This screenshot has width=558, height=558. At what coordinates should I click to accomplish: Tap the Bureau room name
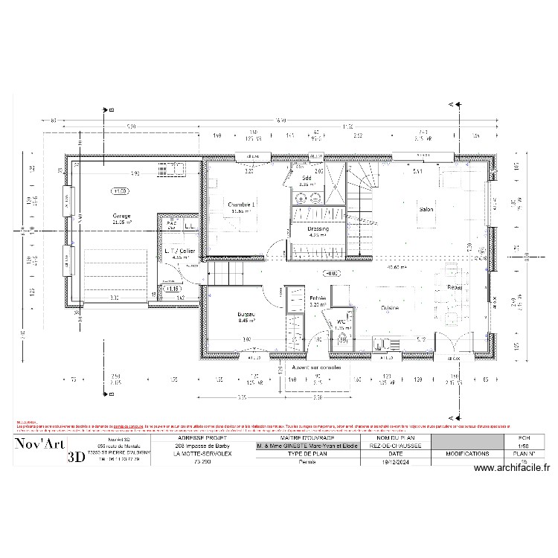click(246, 315)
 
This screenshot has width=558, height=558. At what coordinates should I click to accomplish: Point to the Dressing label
click(308, 228)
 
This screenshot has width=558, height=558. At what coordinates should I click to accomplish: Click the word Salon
click(426, 210)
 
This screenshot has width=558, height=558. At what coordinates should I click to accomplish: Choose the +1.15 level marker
click(173, 288)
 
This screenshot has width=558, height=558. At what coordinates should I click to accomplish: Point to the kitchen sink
click(382, 343)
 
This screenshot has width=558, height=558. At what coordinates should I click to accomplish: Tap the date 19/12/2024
click(395, 461)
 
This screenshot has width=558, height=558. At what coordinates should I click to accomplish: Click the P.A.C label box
click(170, 223)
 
